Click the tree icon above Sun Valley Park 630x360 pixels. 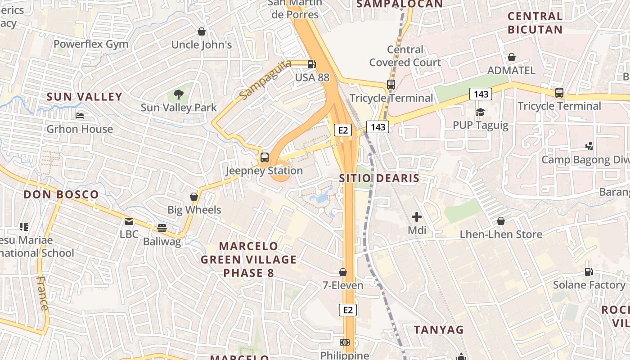click(x=179, y=94)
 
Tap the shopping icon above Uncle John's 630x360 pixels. click(x=202, y=31)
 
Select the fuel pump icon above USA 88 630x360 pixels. click(x=311, y=64)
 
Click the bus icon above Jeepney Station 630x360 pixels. click(x=265, y=157)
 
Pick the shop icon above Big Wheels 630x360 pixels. click(x=194, y=197)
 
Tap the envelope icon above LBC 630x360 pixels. click(x=129, y=221)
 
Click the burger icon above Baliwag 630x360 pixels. click(x=162, y=228)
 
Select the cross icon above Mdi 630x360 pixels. click(x=417, y=217)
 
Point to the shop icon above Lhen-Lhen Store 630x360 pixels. click(x=501, y=221)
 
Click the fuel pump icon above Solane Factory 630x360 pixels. click(x=589, y=272)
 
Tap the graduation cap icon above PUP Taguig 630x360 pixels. click(x=480, y=112)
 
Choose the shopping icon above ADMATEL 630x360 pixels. click(x=512, y=57)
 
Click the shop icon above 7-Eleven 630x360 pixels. click(x=343, y=272)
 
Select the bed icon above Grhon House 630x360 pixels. click(x=80, y=116)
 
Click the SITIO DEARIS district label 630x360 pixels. click(x=379, y=178)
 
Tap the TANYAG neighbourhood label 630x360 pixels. click(x=439, y=330)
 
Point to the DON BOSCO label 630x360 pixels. click(x=61, y=195)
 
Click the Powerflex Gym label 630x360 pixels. click(x=91, y=44)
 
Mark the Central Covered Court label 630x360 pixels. click(x=405, y=56)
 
